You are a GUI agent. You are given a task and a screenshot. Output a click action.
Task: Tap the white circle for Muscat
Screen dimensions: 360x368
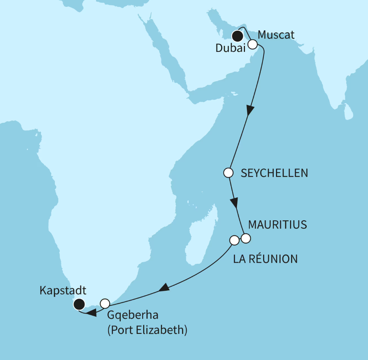253,44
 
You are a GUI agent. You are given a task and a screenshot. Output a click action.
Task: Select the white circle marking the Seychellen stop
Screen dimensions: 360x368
228,173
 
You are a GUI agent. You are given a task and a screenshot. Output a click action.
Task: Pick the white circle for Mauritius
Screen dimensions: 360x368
246,238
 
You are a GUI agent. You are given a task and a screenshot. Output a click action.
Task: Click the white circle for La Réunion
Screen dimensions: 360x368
234,240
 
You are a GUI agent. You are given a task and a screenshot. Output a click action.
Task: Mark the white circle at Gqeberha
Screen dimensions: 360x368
105,303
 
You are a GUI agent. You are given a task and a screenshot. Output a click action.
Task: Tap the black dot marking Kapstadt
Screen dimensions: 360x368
79,304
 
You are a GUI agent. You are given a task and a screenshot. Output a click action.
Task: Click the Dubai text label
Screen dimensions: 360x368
230,48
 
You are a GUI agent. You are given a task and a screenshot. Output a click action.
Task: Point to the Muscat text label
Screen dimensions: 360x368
276,35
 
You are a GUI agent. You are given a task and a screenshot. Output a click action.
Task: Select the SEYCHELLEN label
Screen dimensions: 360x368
274,173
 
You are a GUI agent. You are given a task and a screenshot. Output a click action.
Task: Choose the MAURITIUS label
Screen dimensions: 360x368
277,225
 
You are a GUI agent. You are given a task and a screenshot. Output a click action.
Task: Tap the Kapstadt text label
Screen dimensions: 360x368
62,291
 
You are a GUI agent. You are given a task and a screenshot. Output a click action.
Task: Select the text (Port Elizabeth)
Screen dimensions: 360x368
147,330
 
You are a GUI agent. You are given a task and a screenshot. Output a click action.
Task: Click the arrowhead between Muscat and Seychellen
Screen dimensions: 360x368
250,110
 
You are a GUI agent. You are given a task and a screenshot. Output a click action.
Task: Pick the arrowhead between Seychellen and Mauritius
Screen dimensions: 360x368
235,203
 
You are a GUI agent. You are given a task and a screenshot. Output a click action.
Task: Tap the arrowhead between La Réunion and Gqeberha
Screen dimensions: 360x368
164,288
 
